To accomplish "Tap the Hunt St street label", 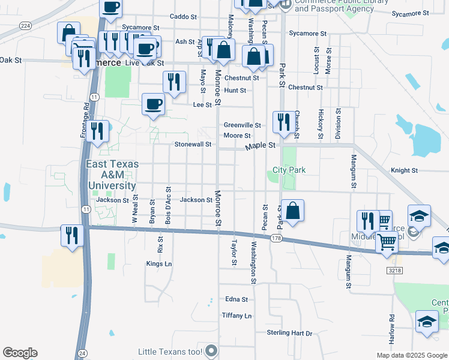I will tap(235, 91).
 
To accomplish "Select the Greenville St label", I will tap(242, 125).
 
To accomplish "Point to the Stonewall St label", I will tap(193, 145).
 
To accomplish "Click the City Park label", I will tap(289, 170).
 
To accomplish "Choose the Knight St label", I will tap(404, 170).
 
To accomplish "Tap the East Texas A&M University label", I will tap(112, 175).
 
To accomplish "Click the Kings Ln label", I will tap(159, 263).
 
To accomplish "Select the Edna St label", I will tap(237, 299).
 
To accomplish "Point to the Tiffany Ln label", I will tap(237, 316).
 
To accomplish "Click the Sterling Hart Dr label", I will tap(290, 333).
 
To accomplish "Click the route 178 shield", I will tap(276, 238).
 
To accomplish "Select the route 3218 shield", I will tap(393, 271).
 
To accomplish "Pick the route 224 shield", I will tap(25, 25).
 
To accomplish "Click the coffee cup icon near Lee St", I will tap(153, 104).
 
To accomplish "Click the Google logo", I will tap(20, 353).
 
